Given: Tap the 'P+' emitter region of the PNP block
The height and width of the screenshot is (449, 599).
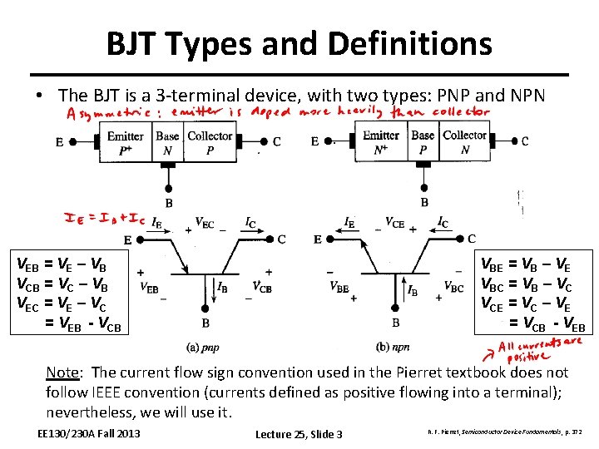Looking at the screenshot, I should [126, 150].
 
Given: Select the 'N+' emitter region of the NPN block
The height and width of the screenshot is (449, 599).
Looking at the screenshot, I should [381, 150].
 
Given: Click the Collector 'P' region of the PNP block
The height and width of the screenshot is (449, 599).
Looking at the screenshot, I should [209, 150].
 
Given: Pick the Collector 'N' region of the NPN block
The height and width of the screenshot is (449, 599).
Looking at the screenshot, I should [464, 150].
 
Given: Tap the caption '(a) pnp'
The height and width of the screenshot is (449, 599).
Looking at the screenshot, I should [204, 347].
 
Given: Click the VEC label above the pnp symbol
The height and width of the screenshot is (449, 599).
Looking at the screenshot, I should [204, 223].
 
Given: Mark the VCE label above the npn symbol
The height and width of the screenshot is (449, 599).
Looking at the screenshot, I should [395, 223].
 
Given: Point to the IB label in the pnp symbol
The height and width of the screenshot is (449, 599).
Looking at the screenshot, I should [221, 289].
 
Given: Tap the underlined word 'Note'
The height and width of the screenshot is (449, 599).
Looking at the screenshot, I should [62, 373].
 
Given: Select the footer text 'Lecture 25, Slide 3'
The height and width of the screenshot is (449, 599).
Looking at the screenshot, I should [299, 434].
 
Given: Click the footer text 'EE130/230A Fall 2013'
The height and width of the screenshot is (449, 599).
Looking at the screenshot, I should [90, 433].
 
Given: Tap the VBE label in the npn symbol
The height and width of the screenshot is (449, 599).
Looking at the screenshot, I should [339, 289].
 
